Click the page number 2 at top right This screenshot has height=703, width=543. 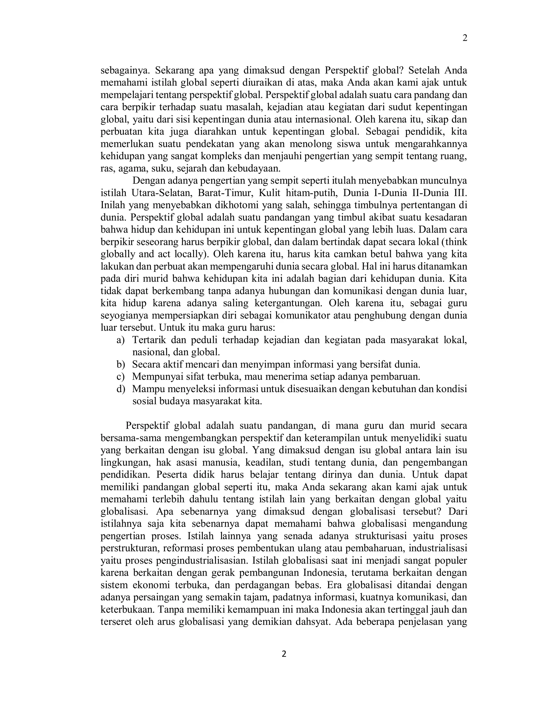[465, 38]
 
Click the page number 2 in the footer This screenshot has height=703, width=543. [284, 654]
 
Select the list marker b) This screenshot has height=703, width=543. [120, 365]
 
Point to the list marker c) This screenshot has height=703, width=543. [120, 377]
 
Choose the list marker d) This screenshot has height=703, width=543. [120, 389]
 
